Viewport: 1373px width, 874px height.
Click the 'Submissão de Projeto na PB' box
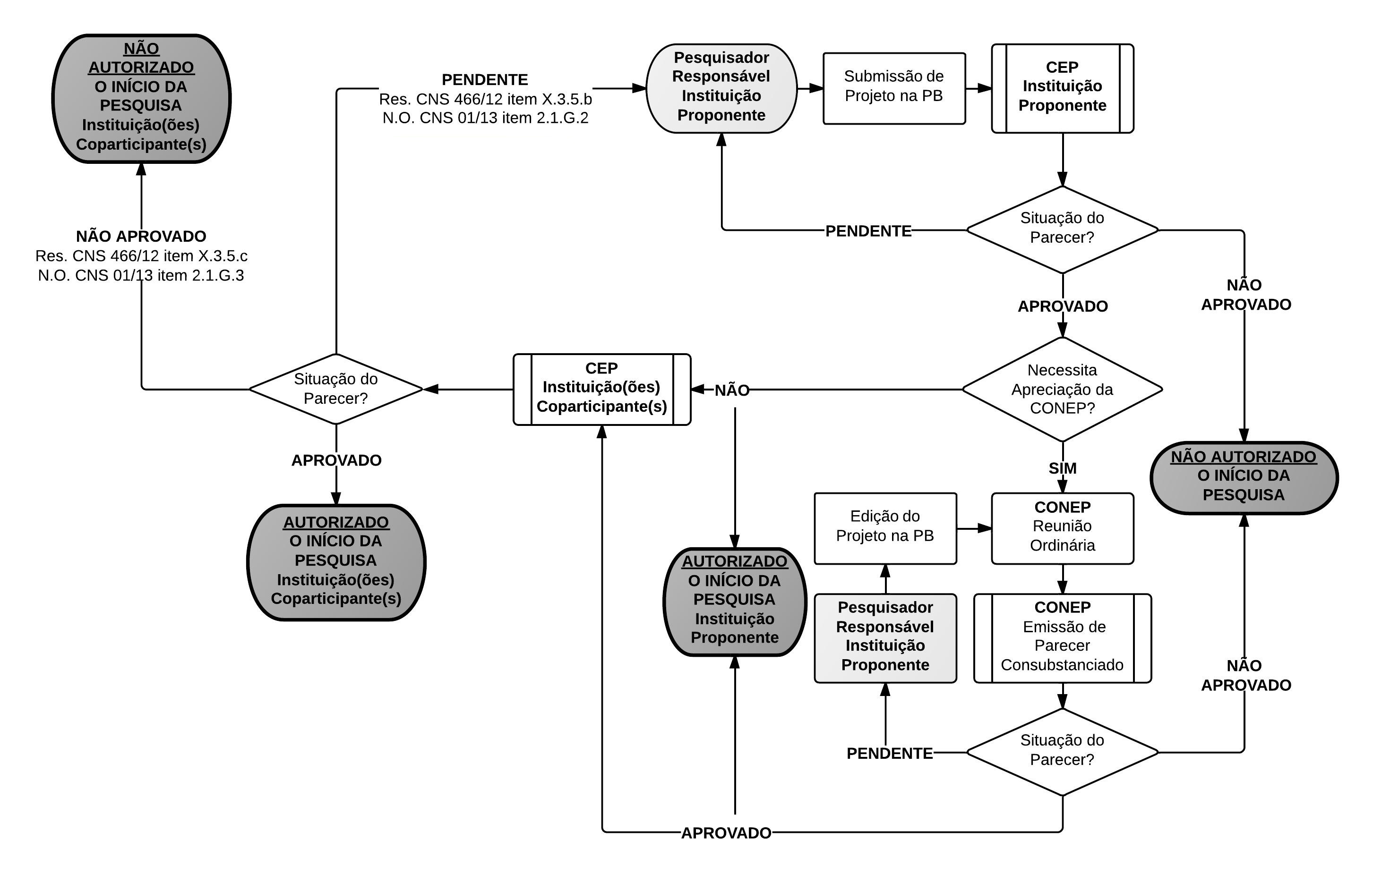coord(893,88)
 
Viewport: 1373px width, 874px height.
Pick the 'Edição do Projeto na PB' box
coord(885,528)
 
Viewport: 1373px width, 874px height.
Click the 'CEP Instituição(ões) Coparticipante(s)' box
coord(601,389)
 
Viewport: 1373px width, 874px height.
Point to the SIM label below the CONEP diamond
coord(1062,468)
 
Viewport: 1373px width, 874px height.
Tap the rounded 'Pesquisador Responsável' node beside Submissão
coord(721,88)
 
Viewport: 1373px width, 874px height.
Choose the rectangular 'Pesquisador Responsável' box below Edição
coord(885,638)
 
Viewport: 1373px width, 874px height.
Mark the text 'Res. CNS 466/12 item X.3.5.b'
coord(485,99)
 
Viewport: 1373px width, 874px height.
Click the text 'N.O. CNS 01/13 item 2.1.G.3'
coord(141,275)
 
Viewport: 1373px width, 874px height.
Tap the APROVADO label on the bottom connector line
coord(726,833)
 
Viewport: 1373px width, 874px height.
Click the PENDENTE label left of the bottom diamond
coord(890,753)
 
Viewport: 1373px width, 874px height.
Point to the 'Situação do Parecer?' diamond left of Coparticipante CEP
coord(336,389)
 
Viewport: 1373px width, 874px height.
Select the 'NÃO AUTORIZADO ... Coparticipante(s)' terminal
coord(141,98)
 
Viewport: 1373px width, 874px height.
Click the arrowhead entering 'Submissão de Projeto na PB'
coord(816,88)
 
